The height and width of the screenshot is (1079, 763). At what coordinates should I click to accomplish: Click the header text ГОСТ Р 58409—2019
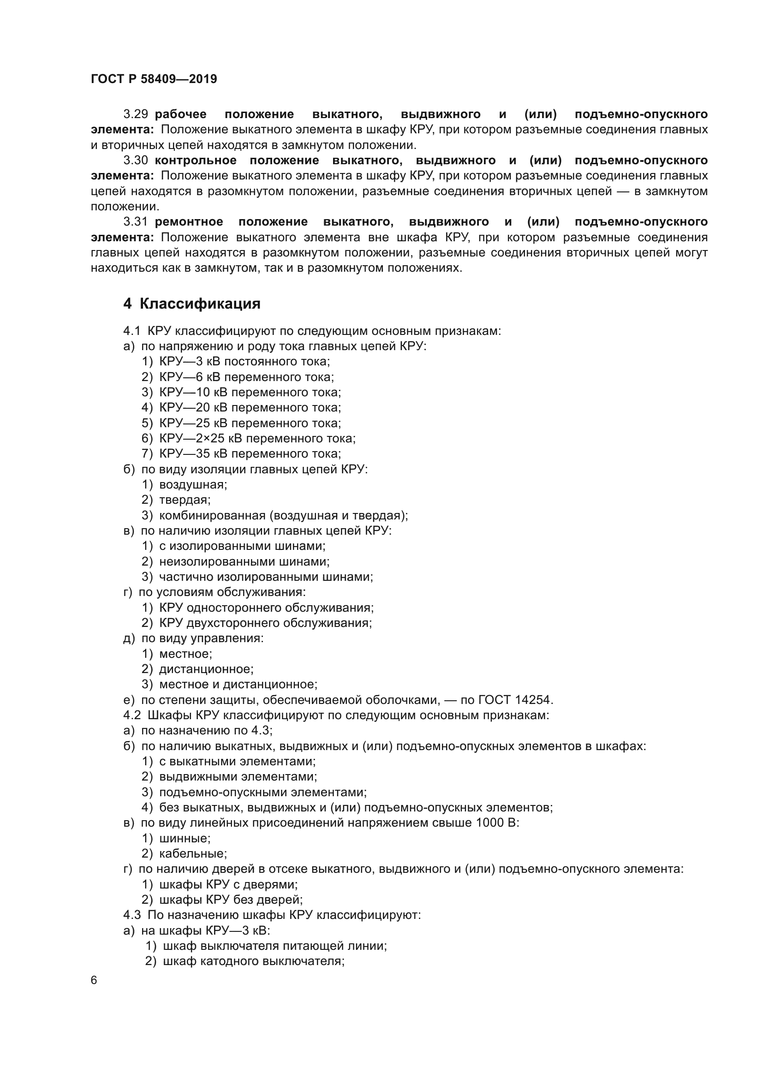[x=154, y=79]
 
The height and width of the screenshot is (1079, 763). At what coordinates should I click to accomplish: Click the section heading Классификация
[x=200, y=304]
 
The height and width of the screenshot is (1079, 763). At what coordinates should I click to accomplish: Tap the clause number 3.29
[x=136, y=114]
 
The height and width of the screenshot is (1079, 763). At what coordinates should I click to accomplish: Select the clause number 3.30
[x=136, y=160]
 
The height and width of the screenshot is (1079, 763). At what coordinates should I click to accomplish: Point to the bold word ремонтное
[x=189, y=221]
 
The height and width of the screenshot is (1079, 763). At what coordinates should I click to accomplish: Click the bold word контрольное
[x=196, y=160]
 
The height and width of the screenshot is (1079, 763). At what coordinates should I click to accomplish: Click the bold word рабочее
[x=180, y=114]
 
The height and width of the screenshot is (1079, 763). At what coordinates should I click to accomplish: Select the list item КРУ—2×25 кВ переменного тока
[x=257, y=438]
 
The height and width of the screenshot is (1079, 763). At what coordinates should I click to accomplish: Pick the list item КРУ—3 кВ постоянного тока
[x=244, y=361]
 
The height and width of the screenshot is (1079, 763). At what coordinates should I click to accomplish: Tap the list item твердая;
[x=185, y=500]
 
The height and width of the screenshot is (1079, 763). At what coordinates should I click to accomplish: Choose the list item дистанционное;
[x=206, y=669]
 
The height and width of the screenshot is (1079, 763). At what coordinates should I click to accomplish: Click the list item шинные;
[x=185, y=838]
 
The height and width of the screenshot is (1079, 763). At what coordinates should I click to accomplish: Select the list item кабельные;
[x=193, y=853]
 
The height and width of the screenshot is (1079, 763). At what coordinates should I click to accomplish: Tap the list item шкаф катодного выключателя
[x=253, y=961]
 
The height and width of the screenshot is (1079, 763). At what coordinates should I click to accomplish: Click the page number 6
[x=94, y=980]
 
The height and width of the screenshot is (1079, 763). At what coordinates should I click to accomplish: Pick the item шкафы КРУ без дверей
[x=231, y=900]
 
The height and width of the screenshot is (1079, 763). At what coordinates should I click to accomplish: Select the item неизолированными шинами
[x=244, y=561]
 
